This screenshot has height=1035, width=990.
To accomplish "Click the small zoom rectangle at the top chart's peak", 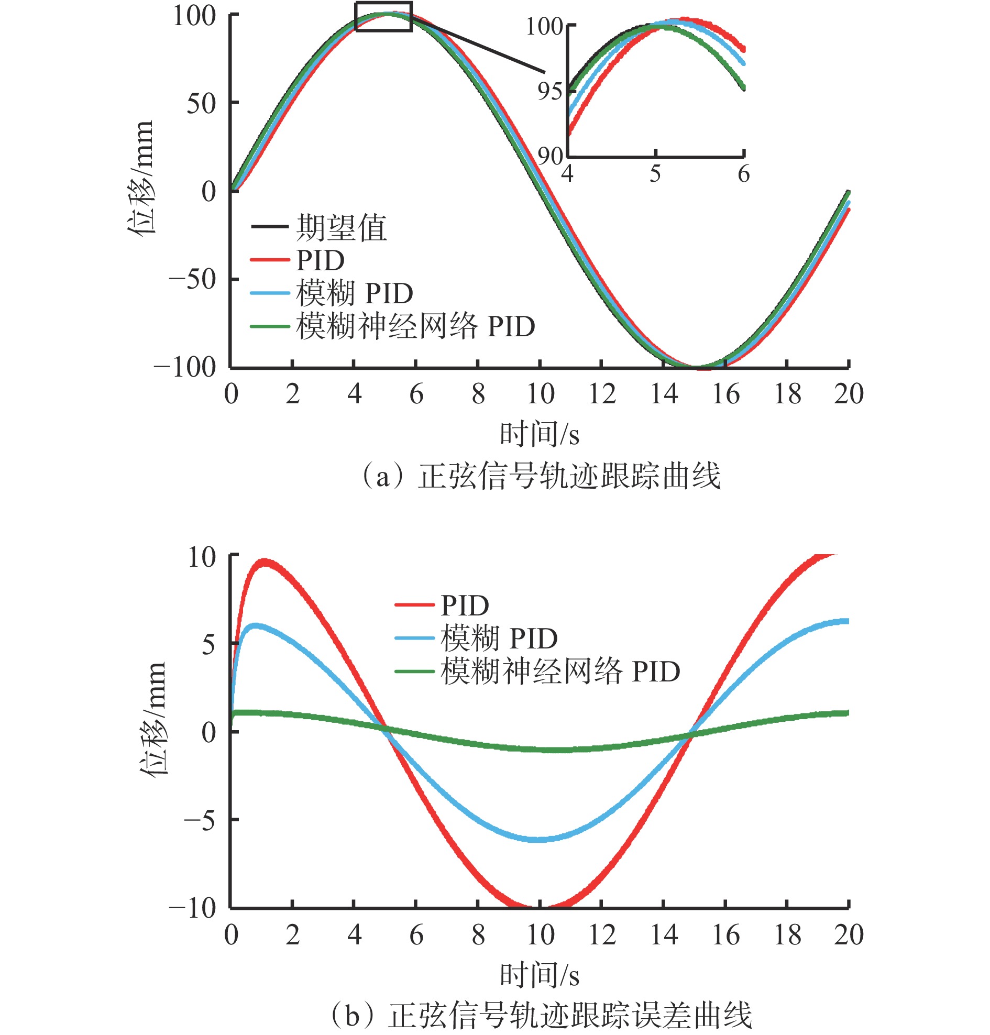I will pyautogui.click(x=383, y=17).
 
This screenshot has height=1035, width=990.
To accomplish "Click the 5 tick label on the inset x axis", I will pyautogui.click(x=655, y=174).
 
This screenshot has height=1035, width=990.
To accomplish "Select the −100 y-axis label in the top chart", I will pyautogui.click(x=185, y=367).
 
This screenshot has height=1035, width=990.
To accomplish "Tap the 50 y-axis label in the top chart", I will pyautogui.click(x=201, y=103).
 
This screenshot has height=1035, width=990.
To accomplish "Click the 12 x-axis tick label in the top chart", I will pyautogui.click(x=602, y=394).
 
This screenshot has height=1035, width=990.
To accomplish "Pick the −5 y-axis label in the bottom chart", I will pyautogui.click(x=200, y=820).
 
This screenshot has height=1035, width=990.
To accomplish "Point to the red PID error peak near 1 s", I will pyautogui.click(x=263, y=563).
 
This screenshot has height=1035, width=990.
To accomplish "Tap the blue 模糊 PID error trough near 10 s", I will pyautogui.click(x=537, y=839).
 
